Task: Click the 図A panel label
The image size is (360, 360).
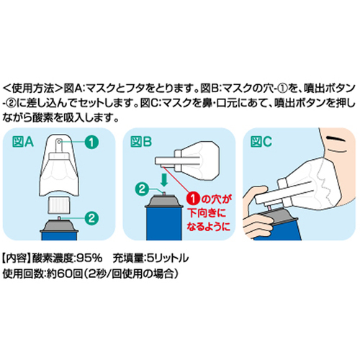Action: tap(23, 142)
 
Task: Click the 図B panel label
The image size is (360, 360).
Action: tap(141, 142)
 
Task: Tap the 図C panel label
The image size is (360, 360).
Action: tap(261, 142)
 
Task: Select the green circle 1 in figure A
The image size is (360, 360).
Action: tap(91, 143)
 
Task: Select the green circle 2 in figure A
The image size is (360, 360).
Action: tap(91, 218)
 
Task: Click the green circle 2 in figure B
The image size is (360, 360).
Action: tap(143, 189)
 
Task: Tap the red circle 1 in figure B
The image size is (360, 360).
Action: tap(193, 199)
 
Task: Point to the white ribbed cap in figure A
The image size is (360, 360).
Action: tap(59, 205)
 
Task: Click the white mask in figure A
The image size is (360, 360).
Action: tap(59, 166)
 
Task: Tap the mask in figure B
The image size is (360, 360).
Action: tap(187, 161)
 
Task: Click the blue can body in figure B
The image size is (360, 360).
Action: tap(163, 224)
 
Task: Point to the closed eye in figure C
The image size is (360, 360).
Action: tap(337, 139)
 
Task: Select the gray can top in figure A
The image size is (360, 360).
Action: tap(59, 225)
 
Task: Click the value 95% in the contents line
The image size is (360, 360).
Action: tap(90, 258)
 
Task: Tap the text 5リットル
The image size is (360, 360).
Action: tap(168, 258)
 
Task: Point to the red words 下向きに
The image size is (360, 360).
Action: tap(207, 212)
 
